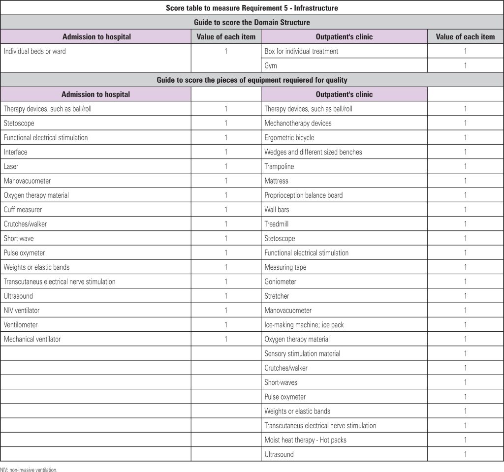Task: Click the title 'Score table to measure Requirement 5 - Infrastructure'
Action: coord(252,8)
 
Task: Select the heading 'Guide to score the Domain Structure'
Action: coord(252,22)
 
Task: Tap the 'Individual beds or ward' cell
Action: coord(34,51)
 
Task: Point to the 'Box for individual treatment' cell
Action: coord(301,51)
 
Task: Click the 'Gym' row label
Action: coord(271,65)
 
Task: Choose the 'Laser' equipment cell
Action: coord(11,166)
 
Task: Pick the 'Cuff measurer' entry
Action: coord(23,210)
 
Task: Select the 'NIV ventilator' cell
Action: coord(22,311)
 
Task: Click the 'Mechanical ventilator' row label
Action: coord(32,339)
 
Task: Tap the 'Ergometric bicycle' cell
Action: coord(289,138)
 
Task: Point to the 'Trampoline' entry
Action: coord(279,166)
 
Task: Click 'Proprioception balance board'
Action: coord(303,195)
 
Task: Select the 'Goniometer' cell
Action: coord(280,282)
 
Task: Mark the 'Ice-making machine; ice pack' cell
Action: coord(304,325)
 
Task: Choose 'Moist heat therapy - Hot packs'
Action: coord(305,440)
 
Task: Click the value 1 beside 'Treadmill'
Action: coord(465,224)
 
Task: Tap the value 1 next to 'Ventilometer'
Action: coord(226,325)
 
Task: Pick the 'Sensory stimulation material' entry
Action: coord(302,353)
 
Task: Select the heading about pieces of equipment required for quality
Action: coord(252,80)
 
